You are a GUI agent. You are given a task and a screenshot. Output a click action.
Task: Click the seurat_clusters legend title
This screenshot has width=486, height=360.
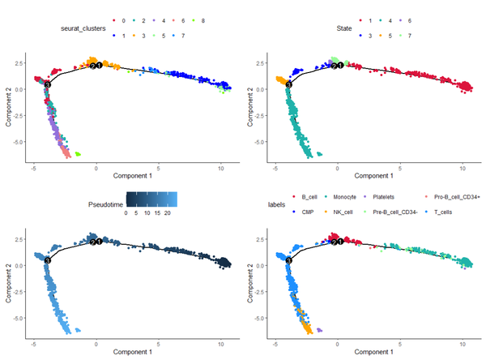84,28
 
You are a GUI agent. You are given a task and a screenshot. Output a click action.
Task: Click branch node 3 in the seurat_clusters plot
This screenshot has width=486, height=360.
47,84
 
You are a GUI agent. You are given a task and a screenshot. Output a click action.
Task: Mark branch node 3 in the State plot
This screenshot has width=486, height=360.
288,83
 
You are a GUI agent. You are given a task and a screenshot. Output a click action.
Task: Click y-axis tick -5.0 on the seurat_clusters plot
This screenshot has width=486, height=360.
19,142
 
